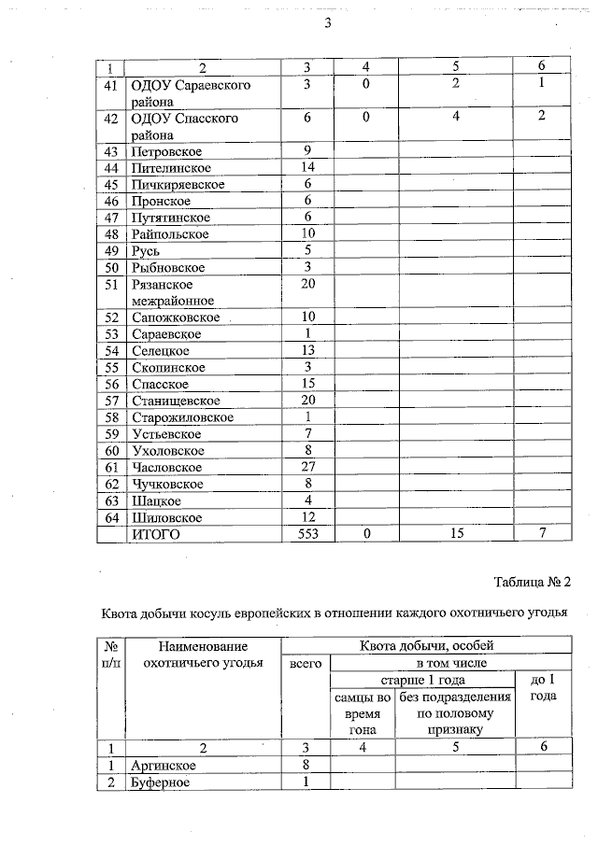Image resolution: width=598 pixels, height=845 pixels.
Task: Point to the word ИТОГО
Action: tap(155, 534)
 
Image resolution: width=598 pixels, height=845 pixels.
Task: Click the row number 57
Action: tap(112, 400)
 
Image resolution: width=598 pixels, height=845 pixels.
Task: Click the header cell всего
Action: tap(306, 663)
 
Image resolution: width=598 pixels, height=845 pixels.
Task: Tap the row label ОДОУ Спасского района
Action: tap(185, 127)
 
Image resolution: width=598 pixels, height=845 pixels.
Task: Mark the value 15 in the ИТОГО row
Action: tap(455, 534)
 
